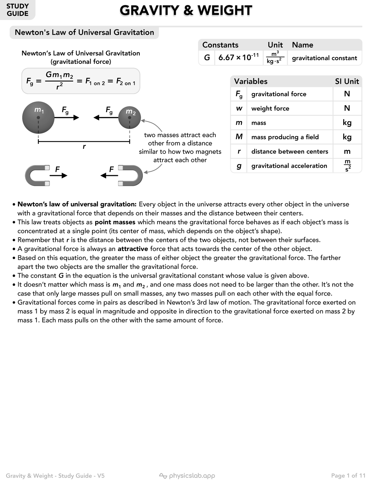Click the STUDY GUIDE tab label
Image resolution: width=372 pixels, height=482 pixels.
(17, 10)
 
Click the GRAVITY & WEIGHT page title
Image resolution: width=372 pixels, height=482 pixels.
(186, 10)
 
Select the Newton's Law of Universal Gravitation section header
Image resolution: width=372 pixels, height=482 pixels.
(84, 33)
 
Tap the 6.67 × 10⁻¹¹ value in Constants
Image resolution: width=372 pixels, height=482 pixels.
(238, 57)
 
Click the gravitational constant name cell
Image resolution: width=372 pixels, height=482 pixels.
(324, 58)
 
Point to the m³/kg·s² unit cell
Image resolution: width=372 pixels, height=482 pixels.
(275, 57)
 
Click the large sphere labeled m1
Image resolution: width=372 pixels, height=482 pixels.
(38, 117)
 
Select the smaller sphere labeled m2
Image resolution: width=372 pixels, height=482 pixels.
(130, 117)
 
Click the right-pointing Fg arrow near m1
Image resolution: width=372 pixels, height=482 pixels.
(67, 118)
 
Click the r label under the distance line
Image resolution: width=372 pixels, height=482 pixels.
(84, 147)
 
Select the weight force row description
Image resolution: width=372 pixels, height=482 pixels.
(270, 109)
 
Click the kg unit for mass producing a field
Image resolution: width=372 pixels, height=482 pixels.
(347, 137)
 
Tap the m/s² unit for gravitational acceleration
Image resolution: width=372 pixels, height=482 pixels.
(348, 166)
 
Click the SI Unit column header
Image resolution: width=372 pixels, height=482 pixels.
(347, 82)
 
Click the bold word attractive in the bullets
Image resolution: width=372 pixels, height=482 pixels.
(133, 249)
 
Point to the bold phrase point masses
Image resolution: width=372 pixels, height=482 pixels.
(115, 222)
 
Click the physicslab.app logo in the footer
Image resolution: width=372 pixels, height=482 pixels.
(187, 475)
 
